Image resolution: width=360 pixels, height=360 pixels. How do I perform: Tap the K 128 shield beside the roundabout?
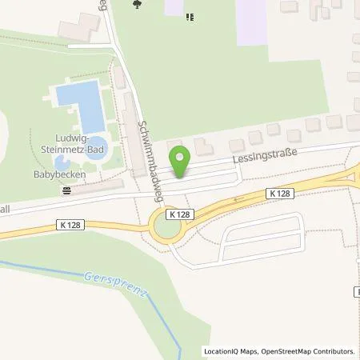179,215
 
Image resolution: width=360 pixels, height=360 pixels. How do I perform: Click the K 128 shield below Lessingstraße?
280,193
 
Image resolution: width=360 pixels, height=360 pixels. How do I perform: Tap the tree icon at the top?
138,5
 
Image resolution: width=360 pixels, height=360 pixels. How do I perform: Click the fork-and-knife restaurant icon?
190,15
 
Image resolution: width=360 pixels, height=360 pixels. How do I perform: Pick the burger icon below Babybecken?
67,190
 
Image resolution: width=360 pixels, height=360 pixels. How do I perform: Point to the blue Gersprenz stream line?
152,308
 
